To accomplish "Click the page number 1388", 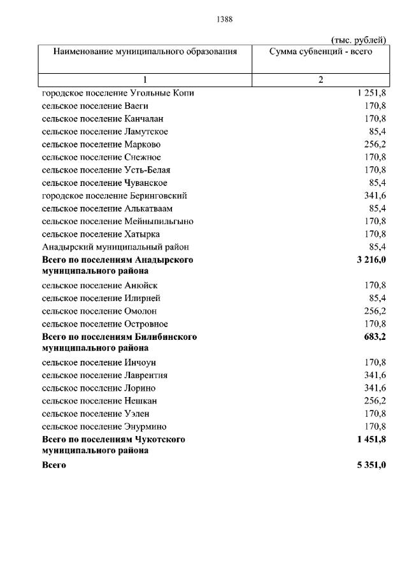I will click(x=225, y=19).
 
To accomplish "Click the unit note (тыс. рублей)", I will click(x=357, y=40).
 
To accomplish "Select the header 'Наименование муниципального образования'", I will click(x=145, y=52).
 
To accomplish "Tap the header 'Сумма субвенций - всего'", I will click(x=320, y=52).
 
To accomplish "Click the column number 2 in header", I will click(x=320, y=80).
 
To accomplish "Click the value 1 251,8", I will click(x=371, y=93).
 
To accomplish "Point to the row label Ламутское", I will click(x=105, y=131).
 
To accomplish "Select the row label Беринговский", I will click(x=114, y=195).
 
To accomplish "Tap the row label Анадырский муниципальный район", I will click(x=115, y=247).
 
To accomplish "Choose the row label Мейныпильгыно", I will click(x=118, y=221).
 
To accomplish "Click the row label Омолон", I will click(x=99, y=311).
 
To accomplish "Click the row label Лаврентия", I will click(x=104, y=376).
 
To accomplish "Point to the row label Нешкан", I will click(x=99, y=401).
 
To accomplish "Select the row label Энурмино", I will click(x=104, y=426).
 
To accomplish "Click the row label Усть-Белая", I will click(x=106, y=170).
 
